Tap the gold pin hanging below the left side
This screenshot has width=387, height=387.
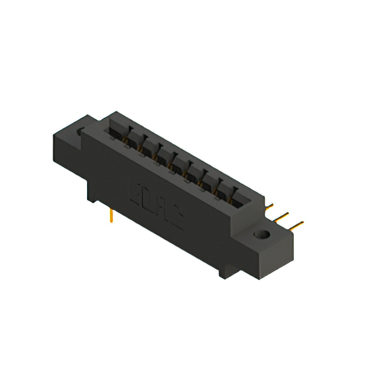(112, 216)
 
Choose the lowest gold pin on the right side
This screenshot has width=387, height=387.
(296, 226)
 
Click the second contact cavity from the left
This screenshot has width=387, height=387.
(133, 140)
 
